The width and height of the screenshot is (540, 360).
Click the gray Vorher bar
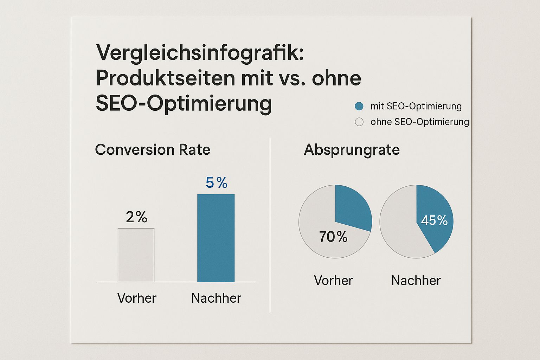click(136, 255)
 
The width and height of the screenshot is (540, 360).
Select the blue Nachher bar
click(216, 238)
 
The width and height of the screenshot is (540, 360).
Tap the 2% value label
click(136, 217)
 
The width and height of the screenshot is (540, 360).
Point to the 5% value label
click(216, 183)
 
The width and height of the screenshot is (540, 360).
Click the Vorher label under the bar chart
click(137, 298)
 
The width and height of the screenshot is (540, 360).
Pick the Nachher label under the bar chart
click(216, 298)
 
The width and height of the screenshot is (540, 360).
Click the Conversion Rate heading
click(153, 150)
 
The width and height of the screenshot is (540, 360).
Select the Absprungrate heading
click(352, 150)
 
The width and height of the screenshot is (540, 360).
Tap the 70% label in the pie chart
click(333, 237)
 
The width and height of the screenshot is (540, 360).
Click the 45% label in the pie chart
click(434, 220)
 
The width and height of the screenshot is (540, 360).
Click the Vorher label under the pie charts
click(333, 281)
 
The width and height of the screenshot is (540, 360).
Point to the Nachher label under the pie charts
click(416, 281)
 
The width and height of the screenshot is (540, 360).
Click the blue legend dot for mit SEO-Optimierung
click(359, 106)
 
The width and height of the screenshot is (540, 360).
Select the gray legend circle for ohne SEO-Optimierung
click(359, 122)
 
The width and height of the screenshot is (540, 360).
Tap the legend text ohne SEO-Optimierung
click(420, 122)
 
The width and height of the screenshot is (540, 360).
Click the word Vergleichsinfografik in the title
click(200, 53)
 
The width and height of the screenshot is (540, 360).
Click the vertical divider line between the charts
click(270, 225)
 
